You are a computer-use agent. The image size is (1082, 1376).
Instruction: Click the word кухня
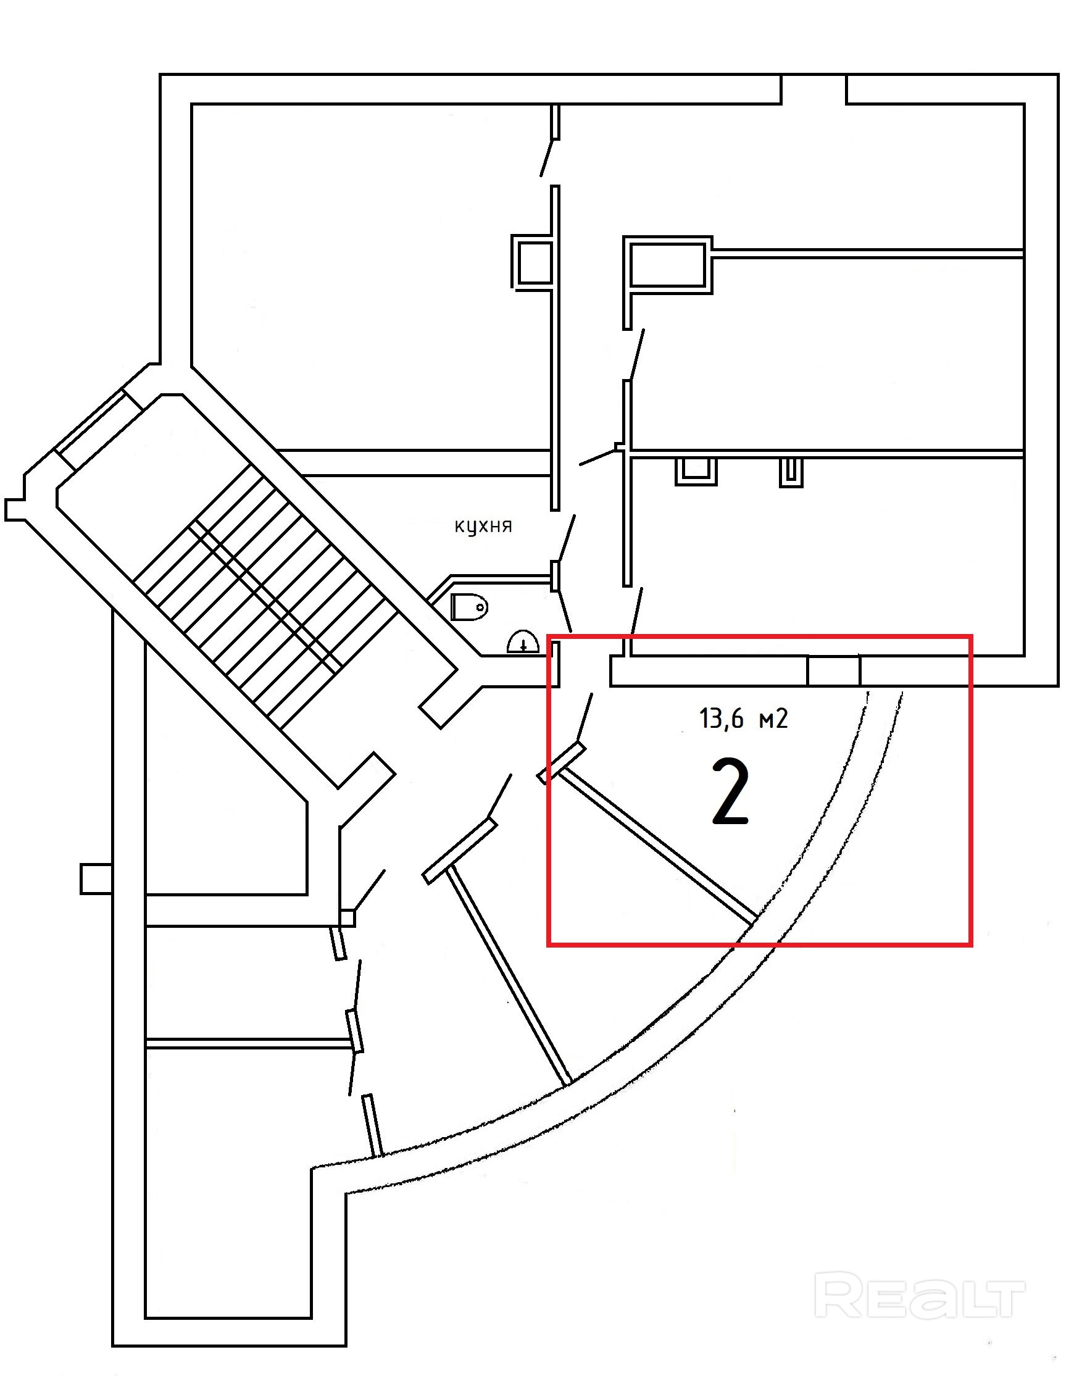[x=483, y=527]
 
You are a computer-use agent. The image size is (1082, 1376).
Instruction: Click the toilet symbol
[x=470, y=607]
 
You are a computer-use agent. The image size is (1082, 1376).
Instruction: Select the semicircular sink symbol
[x=523, y=643]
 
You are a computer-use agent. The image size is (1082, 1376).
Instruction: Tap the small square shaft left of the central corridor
[x=532, y=263]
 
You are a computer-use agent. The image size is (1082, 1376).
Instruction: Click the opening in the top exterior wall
[x=814, y=89]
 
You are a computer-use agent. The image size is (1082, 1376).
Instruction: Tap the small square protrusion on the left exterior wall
[x=96, y=878]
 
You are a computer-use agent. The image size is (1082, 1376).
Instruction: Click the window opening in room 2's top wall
[x=834, y=671]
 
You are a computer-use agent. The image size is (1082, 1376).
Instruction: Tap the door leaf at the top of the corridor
[x=547, y=158]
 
